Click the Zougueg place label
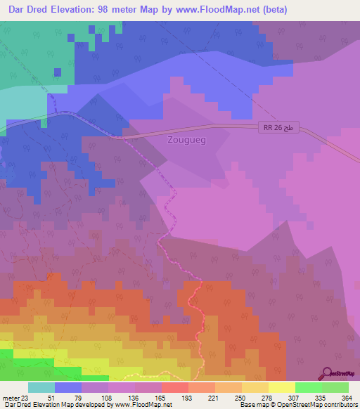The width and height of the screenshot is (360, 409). (187, 139)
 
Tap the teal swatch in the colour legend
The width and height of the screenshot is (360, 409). (41, 387)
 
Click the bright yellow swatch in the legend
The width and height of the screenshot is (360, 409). (281, 387)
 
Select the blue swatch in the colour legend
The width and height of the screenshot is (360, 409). (68, 387)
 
